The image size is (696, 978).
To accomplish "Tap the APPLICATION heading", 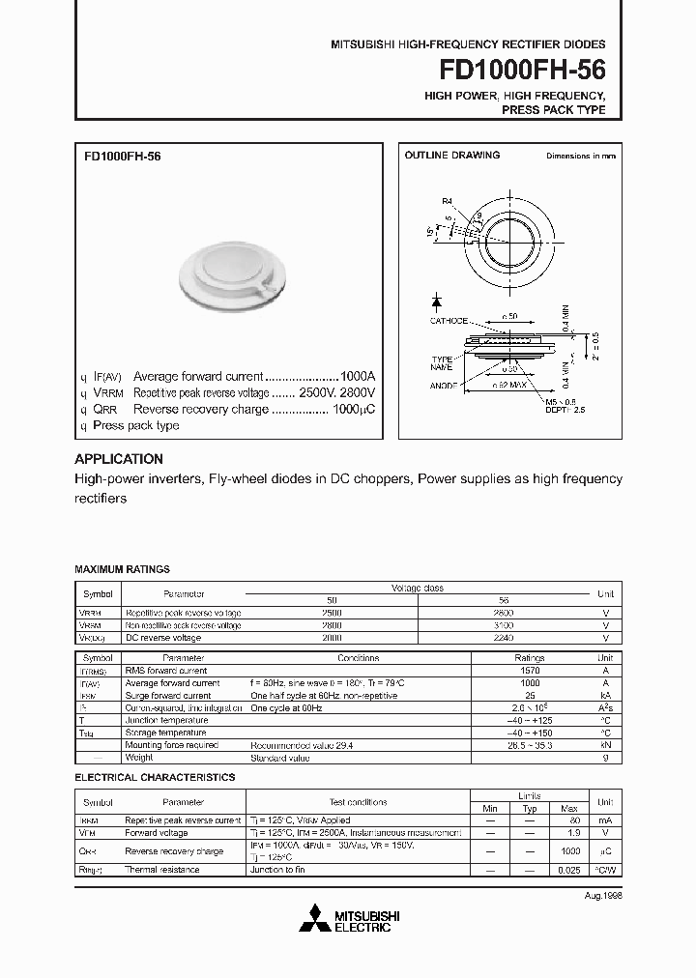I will [119, 459].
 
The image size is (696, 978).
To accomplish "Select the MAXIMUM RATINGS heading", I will [122, 570].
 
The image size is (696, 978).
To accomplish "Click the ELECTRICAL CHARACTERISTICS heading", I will [155, 777].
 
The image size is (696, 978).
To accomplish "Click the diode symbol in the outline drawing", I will [437, 302].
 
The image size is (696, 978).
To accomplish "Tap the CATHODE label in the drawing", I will [449, 321].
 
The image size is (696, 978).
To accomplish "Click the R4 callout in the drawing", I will [447, 201].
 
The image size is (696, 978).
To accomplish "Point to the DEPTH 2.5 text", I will [566, 410].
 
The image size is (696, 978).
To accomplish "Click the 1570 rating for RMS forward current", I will [529, 670].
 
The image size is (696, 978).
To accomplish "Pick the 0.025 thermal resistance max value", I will [570, 870].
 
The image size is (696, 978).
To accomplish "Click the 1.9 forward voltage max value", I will [570, 832].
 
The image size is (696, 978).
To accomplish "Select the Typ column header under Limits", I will [530, 808].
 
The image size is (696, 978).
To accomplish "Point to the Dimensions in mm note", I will [580, 156].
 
